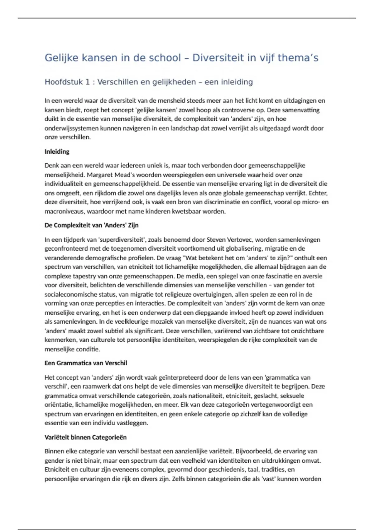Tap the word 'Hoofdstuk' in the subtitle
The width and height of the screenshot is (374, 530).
click(x=64, y=82)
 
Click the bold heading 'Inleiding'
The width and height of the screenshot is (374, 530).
click(x=57, y=152)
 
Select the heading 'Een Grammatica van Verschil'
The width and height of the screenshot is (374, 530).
click(x=86, y=363)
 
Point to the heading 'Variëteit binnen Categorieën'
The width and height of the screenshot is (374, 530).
click(x=86, y=437)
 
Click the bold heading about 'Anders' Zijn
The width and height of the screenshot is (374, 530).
click(x=92, y=225)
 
